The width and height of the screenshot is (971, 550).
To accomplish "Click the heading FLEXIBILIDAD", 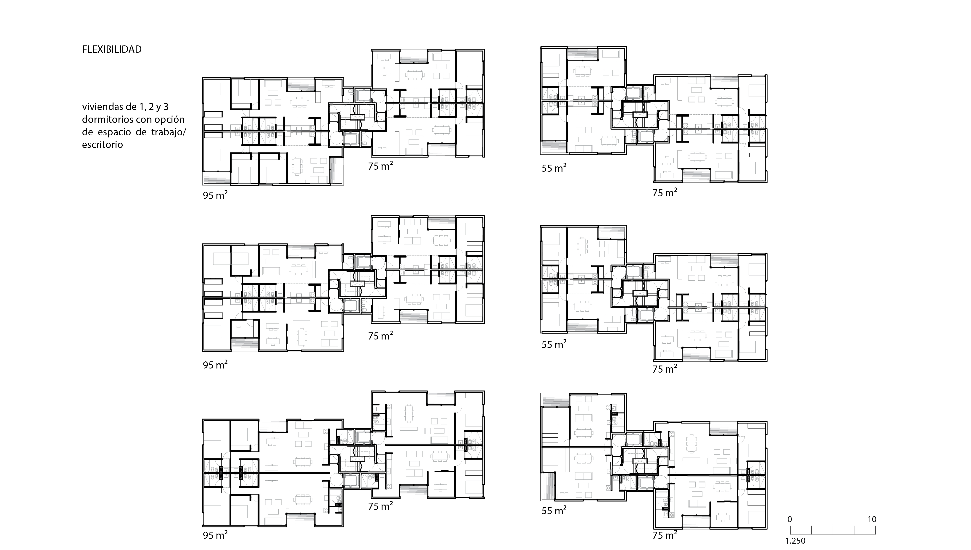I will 112,50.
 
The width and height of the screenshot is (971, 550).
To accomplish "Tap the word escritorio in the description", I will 102,145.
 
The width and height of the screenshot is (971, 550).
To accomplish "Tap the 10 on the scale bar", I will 872,519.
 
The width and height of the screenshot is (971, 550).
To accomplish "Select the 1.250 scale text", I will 796,541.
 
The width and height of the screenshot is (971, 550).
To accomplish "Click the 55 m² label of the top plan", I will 554,168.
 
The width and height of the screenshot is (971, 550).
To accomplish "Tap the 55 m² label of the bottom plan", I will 554,511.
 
